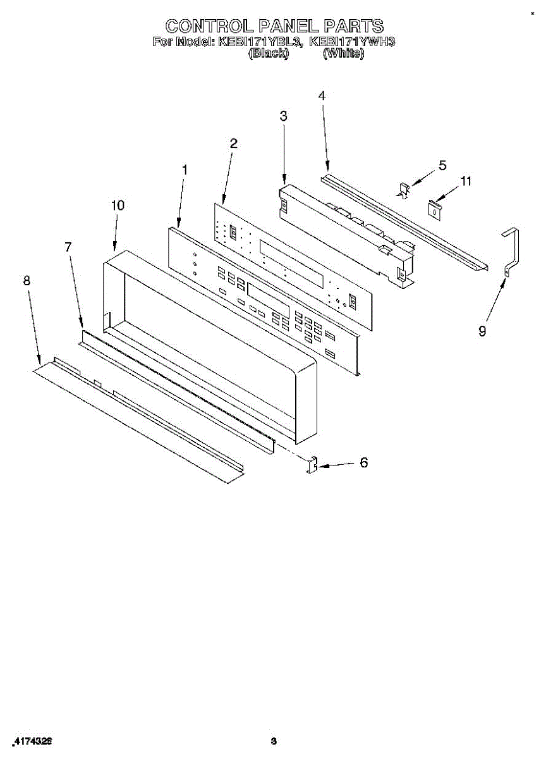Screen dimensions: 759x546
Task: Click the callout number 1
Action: pos(184,170)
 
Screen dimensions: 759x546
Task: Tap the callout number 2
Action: pos(233,144)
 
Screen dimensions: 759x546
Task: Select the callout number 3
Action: pos(283,116)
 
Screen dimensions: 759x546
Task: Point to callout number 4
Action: pos(322,96)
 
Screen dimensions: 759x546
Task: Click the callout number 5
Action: pos(442,165)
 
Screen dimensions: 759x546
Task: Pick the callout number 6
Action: pos(363,462)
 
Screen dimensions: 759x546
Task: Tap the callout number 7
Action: pos(68,247)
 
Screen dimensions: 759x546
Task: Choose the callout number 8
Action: pos(27,280)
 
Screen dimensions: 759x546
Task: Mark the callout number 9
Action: pos(482,331)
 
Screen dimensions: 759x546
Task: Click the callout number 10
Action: pos(118,205)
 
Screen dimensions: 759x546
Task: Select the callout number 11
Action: pos(466,182)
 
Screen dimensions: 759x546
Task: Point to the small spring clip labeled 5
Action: pos(404,189)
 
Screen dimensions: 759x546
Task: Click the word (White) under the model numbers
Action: pos(343,54)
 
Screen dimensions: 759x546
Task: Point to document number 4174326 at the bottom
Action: pos(32,741)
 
